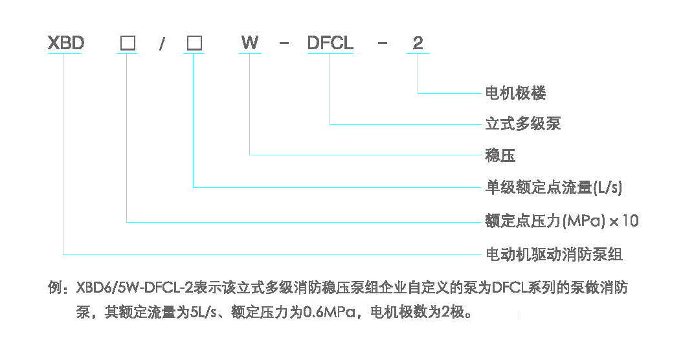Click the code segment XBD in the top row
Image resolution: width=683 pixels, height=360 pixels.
click(x=66, y=43)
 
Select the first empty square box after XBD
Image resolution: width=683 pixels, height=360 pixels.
click(x=128, y=43)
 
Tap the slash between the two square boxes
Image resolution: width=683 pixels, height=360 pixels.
click(x=162, y=44)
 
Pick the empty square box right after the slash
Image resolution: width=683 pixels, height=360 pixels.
click(x=194, y=43)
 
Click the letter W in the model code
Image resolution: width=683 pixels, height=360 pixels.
click(x=250, y=43)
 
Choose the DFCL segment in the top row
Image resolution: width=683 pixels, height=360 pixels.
click(x=330, y=43)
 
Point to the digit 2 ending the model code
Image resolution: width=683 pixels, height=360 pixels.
click(x=418, y=43)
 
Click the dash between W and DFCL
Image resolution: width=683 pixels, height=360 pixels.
click(x=283, y=44)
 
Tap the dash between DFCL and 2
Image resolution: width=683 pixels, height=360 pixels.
click(x=383, y=44)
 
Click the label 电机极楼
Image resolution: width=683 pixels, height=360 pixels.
click(x=515, y=93)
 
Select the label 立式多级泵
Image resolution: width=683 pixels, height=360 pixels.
click(x=522, y=124)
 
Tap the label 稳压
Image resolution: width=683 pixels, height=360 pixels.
click(x=500, y=155)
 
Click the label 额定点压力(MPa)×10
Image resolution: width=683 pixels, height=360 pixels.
click(x=561, y=221)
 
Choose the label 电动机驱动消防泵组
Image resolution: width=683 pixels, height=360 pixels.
click(x=554, y=254)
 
